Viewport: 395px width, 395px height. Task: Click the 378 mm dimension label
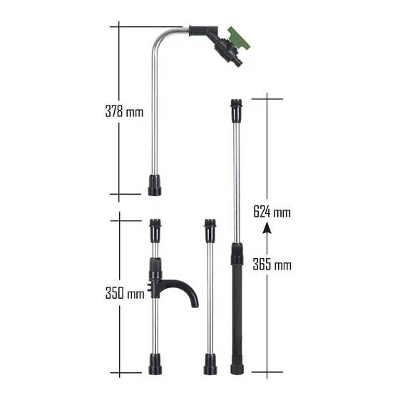(124, 111)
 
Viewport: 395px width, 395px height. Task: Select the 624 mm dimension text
(272, 212)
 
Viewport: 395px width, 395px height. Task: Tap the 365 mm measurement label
(272, 265)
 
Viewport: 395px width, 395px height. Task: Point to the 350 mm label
(125, 293)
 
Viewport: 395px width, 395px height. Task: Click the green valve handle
(239, 39)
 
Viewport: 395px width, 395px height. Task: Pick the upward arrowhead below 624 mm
(267, 230)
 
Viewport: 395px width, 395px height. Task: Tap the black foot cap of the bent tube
(155, 185)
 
